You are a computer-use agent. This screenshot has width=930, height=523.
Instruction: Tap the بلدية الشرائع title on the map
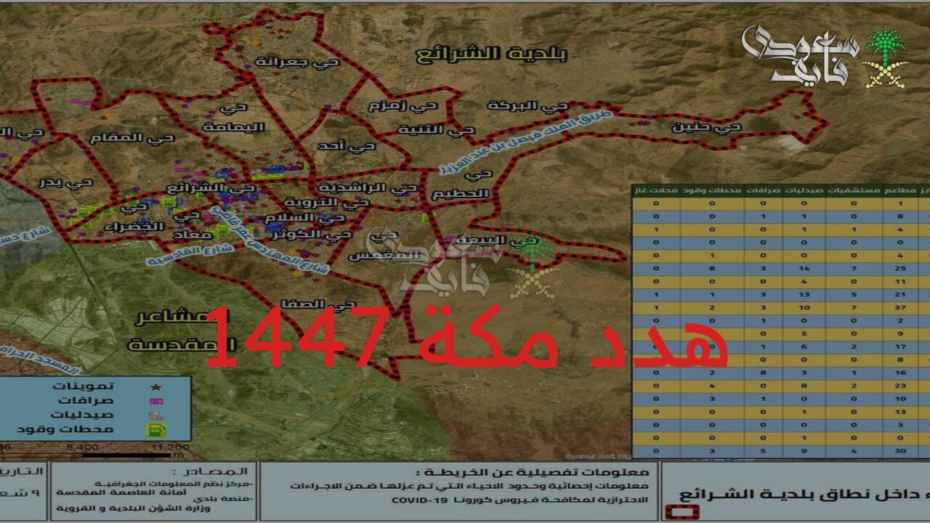tap(491, 53)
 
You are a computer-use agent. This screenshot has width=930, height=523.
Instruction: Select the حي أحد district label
tap(347, 146)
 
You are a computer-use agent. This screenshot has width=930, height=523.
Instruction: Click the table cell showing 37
tap(901, 307)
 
